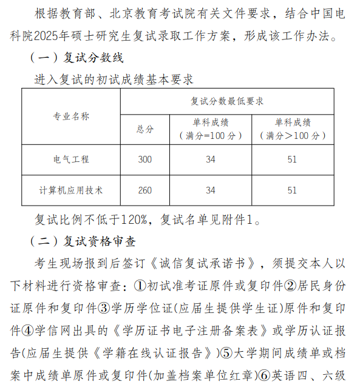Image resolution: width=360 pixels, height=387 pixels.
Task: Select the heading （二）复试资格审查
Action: (x=83, y=242)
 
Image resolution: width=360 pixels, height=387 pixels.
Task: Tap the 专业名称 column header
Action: (x=71, y=116)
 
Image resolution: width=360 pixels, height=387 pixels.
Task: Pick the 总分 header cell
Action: (x=144, y=129)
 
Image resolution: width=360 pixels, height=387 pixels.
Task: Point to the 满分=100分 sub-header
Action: (x=210, y=135)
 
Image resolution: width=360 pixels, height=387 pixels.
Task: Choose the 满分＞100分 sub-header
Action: (x=293, y=135)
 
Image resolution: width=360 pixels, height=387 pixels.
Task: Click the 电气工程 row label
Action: (x=71, y=160)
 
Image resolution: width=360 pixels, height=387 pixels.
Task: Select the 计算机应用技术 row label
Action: (x=71, y=190)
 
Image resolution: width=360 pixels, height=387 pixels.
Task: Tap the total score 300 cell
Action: (x=144, y=160)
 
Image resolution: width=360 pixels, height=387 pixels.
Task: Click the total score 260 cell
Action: (x=144, y=190)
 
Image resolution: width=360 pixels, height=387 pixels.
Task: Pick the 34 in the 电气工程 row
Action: (x=210, y=160)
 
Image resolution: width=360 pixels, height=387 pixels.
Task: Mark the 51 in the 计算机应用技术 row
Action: (x=292, y=190)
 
